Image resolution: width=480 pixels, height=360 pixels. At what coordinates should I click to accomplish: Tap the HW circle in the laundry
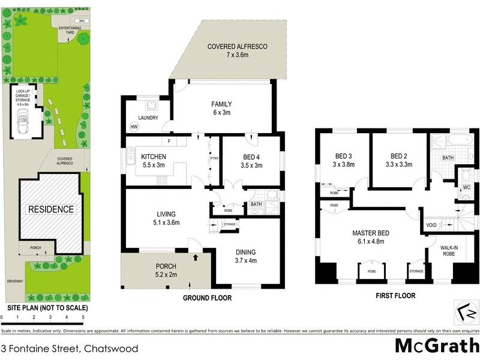tap(133, 127)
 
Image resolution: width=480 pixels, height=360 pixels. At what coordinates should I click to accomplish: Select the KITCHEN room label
tap(153, 157)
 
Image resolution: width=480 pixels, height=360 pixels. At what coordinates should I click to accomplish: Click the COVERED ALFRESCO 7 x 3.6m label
tap(236, 51)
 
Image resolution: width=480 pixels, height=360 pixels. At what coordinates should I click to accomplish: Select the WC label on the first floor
tap(466, 187)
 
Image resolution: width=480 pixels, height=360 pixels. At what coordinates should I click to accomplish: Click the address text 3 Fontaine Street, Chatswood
tap(70, 349)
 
